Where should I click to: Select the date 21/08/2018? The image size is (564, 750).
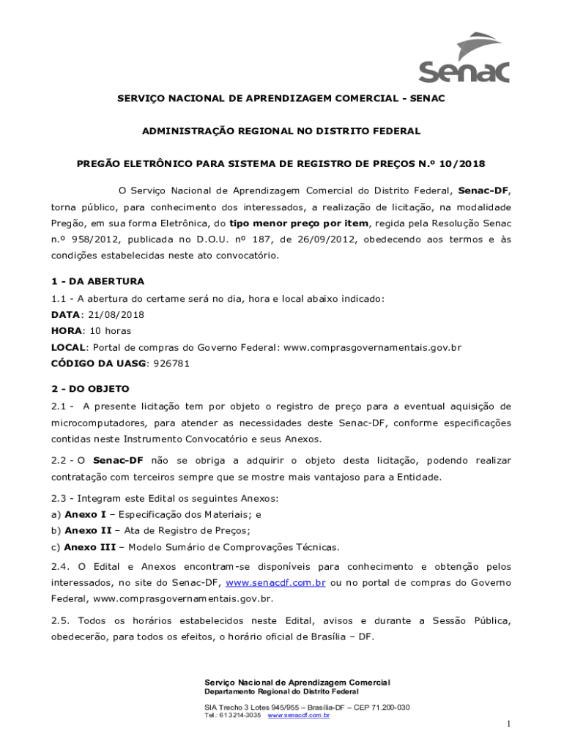[x=117, y=314]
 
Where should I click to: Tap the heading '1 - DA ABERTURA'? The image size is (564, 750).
[x=97, y=281]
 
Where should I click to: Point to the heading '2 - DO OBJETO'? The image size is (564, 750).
[x=90, y=388]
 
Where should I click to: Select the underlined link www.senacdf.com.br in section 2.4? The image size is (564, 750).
[x=275, y=582]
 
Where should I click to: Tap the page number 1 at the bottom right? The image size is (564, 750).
[x=507, y=724]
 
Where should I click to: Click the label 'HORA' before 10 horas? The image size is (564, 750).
[x=66, y=330]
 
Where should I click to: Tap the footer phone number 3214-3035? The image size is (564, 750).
[x=244, y=715]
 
